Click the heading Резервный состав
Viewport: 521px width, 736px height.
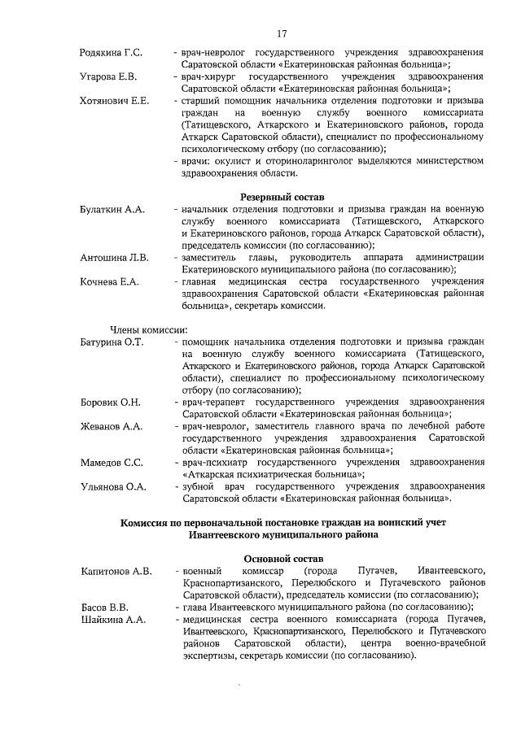(x=282, y=198)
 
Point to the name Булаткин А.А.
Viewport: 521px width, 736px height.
(x=112, y=210)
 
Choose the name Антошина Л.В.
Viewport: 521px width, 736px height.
(x=114, y=258)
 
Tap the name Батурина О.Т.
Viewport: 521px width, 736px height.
(x=112, y=342)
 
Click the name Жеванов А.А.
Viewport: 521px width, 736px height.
(x=112, y=425)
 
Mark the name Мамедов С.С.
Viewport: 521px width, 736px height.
(x=112, y=462)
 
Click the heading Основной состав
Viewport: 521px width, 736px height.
(x=282, y=560)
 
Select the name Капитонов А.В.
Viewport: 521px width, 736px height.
(x=116, y=571)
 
